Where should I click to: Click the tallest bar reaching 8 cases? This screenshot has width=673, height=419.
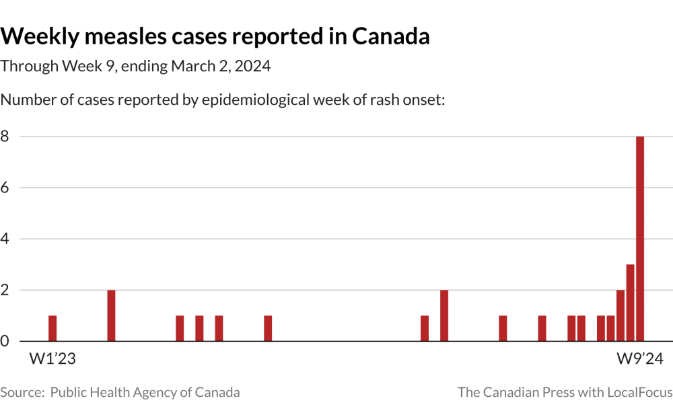point(640,239)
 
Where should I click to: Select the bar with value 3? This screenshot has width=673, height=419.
point(631,303)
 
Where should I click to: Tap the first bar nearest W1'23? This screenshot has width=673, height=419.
point(52,328)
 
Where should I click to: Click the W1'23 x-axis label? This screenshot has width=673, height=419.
point(52,359)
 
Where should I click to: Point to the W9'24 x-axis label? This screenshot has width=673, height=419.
point(640,359)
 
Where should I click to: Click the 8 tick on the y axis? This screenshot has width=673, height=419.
point(5,137)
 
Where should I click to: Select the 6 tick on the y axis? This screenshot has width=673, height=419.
point(5,188)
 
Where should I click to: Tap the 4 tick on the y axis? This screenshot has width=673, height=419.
point(5,239)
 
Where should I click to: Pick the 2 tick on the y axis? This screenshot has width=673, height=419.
point(5,290)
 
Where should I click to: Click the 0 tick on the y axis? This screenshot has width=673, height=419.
point(5,341)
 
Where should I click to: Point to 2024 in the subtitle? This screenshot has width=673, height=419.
point(252,67)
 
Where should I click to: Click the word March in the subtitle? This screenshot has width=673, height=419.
point(192,67)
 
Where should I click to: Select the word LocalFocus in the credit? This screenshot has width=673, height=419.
point(639,392)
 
